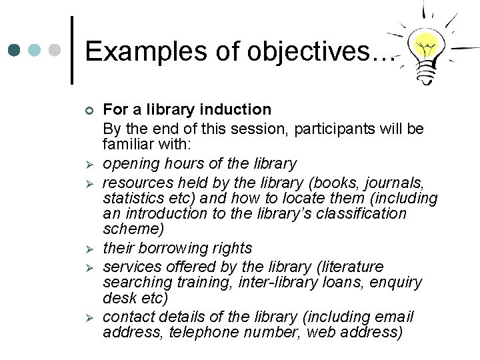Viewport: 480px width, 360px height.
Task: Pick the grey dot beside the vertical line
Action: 57,50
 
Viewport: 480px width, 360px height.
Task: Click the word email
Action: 395,316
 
